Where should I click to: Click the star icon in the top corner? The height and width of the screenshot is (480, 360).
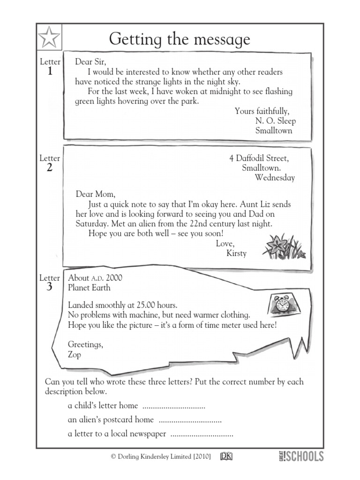[49, 37]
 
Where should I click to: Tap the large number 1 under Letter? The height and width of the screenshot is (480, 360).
[50, 72]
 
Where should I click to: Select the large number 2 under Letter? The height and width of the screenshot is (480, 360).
[50, 168]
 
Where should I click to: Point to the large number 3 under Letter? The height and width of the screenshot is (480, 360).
[50, 287]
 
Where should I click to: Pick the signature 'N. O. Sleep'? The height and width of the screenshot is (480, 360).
[276, 121]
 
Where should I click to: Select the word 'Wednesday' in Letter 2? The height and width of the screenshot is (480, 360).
[275, 178]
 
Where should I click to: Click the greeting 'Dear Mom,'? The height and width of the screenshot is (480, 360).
[95, 194]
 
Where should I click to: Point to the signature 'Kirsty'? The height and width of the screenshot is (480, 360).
[236, 253]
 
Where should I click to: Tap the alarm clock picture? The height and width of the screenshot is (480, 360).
[283, 305]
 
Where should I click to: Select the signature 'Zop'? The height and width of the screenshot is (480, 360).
[75, 355]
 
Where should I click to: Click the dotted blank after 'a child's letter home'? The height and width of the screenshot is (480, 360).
[173, 406]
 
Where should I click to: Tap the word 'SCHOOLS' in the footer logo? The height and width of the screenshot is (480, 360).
[304, 456]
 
